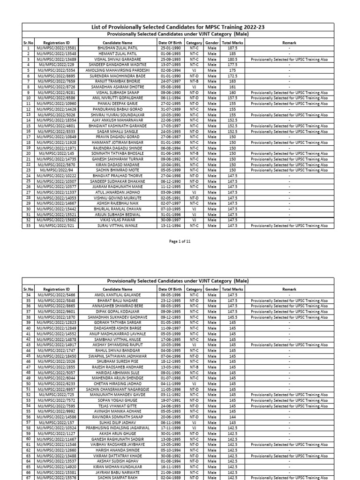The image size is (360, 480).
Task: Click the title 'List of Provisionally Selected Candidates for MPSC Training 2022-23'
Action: point(178,27)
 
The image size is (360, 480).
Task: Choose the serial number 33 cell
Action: point(28,225)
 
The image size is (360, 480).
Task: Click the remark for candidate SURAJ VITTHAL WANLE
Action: point(289,225)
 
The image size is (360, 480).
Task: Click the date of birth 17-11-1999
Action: point(169,427)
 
